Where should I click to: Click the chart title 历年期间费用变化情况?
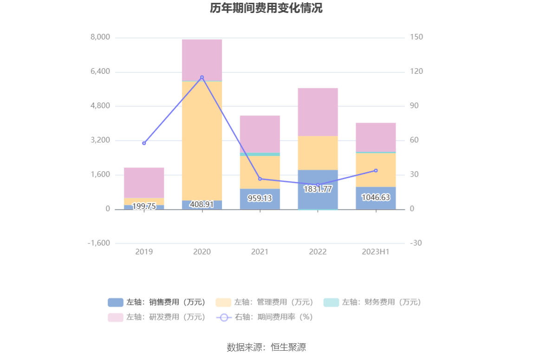coord(266,8)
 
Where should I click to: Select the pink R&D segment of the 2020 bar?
coord(202,60)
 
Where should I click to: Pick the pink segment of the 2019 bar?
coord(144,183)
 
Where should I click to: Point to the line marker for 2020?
coord(202,77)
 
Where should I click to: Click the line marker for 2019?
coord(144,143)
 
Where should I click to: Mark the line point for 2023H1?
coord(376,170)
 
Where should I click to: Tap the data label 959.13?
coord(260,198)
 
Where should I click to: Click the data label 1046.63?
coord(376,198)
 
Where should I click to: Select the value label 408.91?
coord(202,204)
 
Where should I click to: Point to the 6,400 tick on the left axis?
coord(100,71)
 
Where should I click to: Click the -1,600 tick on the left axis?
coord(99,243)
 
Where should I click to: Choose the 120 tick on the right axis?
coord(416,71)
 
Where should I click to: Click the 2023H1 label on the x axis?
coord(376,252)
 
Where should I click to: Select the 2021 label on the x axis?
coord(260,252)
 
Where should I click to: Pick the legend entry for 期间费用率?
coord(265,317)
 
